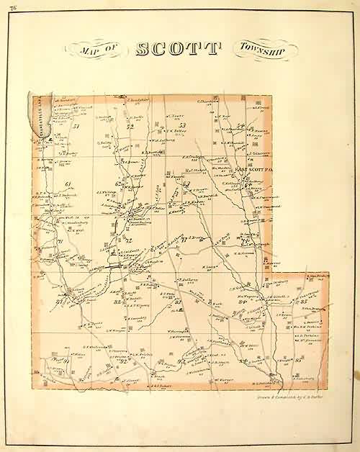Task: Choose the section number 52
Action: pos(131,127)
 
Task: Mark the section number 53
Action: pos(182,127)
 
